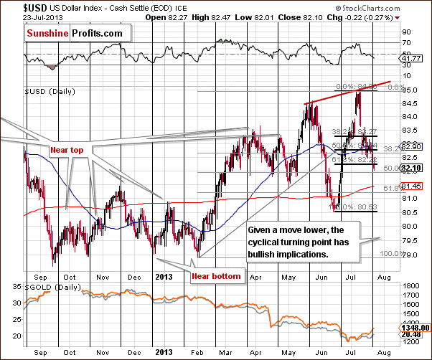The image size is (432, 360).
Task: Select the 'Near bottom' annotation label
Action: pos(216,275)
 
